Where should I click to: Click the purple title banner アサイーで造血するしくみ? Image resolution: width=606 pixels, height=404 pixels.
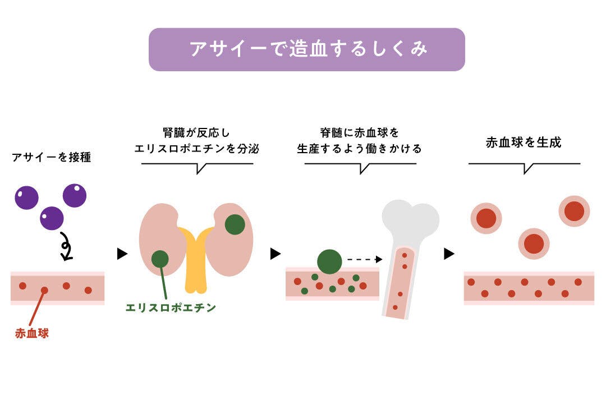point(306,49)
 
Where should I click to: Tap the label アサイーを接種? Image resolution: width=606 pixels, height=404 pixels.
point(51,158)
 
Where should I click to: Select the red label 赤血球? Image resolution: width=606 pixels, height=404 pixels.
point(32,333)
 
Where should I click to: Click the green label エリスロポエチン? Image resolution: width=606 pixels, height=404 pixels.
point(171,307)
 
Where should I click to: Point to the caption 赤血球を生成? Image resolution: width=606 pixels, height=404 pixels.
point(524,143)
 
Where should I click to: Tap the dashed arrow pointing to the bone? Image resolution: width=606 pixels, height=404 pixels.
point(364,259)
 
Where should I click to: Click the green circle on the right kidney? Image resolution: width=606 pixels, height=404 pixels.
point(235,224)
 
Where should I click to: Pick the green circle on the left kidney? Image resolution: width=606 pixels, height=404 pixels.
point(160,259)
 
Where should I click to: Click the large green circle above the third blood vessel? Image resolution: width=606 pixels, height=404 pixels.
point(329,261)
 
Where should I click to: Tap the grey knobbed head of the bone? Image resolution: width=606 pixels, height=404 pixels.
point(410,219)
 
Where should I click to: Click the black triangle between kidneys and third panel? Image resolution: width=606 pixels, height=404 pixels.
point(275,254)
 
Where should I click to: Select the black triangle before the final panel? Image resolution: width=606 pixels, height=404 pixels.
point(448,254)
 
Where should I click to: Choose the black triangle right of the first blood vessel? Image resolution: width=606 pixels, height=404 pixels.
point(122,254)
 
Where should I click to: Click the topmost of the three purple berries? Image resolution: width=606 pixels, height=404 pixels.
point(75,195)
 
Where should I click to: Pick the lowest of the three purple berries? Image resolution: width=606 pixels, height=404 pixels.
point(52,218)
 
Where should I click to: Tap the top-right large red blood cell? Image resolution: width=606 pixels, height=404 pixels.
point(574,211)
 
